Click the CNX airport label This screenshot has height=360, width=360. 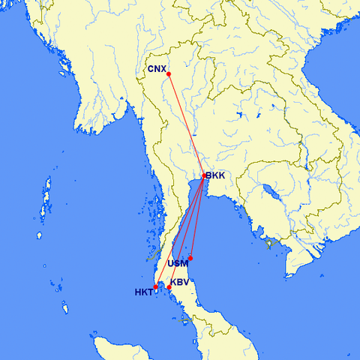click(x=157, y=69)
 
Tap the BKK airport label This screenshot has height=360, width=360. click(x=215, y=176)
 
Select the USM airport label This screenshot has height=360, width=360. click(x=178, y=264)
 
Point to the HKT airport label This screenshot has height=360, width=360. click(x=143, y=292)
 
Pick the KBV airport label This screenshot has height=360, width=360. click(x=179, y=282)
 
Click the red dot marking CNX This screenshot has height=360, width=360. click(x=169, y=73)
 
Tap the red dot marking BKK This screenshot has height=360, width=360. click(x=204, y=176)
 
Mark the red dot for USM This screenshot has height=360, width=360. click(x=190, y=258)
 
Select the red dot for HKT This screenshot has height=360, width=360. click(x=156, y=287)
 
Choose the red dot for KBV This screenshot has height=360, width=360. click(x=169, y=287)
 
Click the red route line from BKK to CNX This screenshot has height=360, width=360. click(x=186, y=124)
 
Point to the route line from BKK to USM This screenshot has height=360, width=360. click(x=197, y=217)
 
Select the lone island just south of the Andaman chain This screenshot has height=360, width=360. click(x=40, y=235)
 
